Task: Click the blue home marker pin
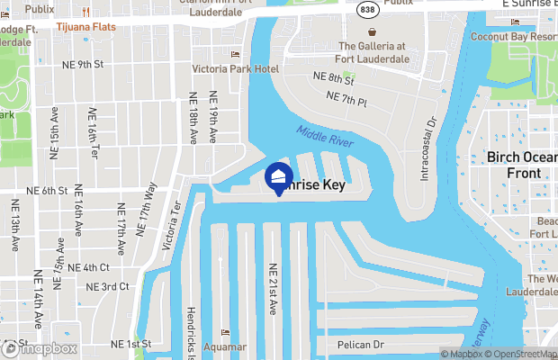(x=279, y=176)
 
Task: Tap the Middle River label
(x=325, y=138)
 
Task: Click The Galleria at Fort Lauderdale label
(x=373, y=53)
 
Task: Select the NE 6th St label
(x=48, y=191)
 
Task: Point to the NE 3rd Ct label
(x=107, y=286)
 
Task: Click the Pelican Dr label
(x=360, y=345)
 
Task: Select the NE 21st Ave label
(x=273, y=289)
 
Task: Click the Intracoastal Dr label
(x=429, y=147)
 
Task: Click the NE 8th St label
(x=332, y=78)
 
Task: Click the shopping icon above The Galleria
(x=373, y=28)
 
